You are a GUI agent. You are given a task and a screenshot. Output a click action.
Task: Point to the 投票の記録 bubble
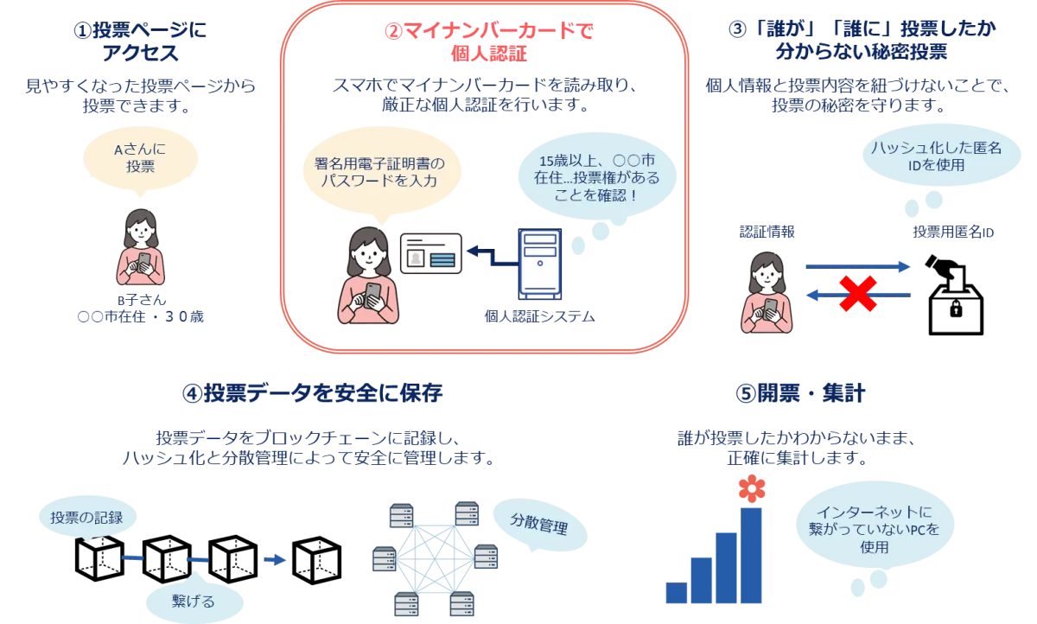(86, 518)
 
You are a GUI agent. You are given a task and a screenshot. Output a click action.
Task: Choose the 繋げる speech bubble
(194, 600)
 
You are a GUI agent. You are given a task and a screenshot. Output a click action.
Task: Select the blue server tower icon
(538, 261)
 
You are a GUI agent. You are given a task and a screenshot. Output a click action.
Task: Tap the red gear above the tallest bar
(751, 490)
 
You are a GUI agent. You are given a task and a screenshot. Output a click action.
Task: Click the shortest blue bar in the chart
(675, 592)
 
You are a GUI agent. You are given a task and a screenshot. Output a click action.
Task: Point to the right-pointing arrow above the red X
(856, 268)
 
